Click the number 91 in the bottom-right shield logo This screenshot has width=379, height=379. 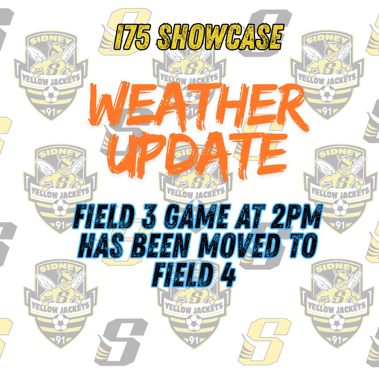pos(337,340)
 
